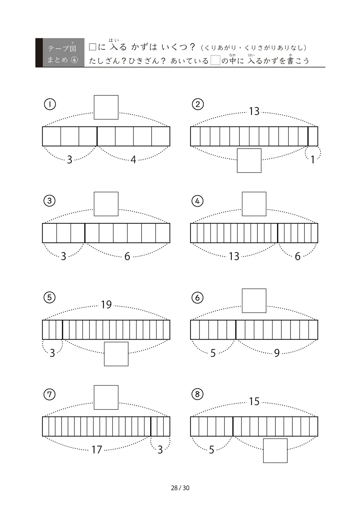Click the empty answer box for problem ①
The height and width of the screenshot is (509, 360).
pyautogui.click(x=106, y=107)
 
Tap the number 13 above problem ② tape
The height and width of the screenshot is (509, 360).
pyautogui.click(x=254, y=112)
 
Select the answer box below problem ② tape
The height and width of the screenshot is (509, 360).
pyautogui.click(x=249, y=160)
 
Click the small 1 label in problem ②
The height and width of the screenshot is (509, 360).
pyautogui.click(x=313, y=160)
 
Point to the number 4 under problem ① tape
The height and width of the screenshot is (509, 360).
pyautogui.click(x=133, y=159)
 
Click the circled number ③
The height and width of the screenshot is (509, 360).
pyautogui.click(x=49, y=201)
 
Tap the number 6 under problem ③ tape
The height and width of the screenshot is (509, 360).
pyautogui.click(x=127, y=256)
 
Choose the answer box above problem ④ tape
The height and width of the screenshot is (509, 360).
pyautogui.click(x=254, y=204)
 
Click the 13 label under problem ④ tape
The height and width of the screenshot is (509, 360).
pyautogui.click(x=234, y=256)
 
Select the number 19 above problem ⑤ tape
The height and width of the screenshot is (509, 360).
pyautogui.click(x=106, y=305)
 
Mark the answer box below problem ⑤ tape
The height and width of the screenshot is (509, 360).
pyautogui.click(x=116, y=354)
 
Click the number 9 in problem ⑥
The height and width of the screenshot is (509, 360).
pyautogui.click(x=276, y=353)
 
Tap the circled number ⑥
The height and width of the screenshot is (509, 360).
pyautogui.click(x=197, y=297)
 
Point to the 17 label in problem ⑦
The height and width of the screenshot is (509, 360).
pyautogui.click(x=96, y=450)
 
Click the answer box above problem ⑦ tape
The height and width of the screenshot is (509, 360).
pyautogui.click(x=106, y=397)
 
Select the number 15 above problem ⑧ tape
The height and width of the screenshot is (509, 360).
pyautogui.click(x=254, y=401)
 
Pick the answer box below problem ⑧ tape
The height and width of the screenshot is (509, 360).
pyautogui.click(x=275, y=451)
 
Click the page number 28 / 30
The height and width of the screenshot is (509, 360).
pyautogui.click(x=180, y=488)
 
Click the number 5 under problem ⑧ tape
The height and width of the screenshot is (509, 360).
pyautogui.click(x=211, y=450)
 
